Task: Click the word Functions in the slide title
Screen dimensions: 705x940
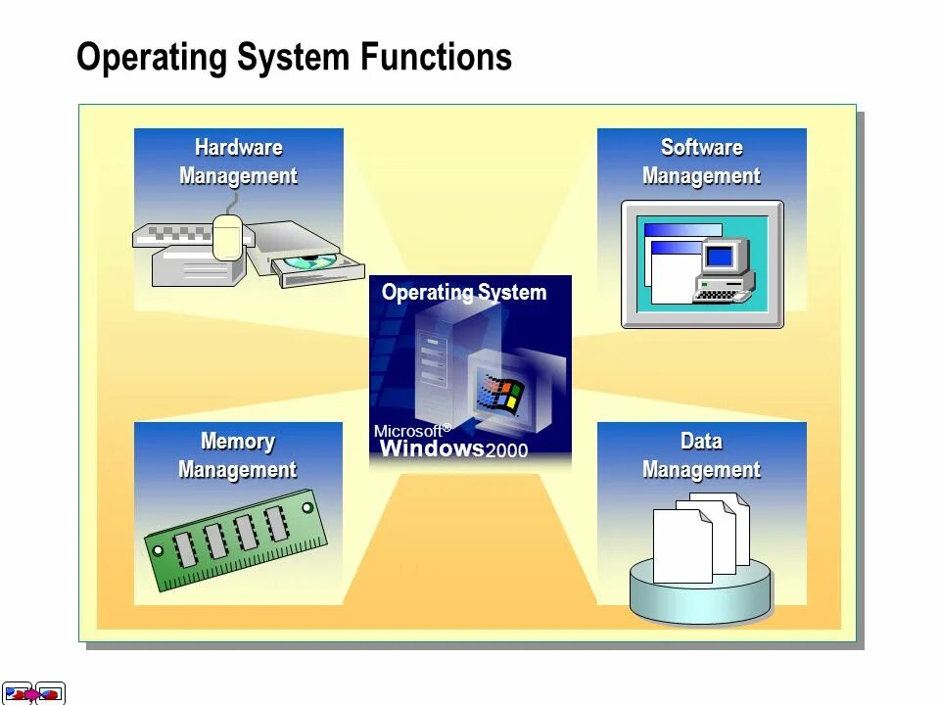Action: [436, 58]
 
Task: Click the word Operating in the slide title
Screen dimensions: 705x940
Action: [153, 58]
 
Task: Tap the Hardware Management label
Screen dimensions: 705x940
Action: [238, 162]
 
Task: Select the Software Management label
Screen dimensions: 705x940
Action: [701, 162]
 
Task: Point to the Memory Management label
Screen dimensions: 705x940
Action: [237, 455]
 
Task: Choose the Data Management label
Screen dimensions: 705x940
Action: [701, 455]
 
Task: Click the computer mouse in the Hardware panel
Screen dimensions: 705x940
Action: [227, 237]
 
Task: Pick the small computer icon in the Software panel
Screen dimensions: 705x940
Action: [724, 269]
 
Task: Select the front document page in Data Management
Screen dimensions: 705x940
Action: [681, 545]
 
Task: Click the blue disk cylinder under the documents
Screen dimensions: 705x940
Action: [701, 592]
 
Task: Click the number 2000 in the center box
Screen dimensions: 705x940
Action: [507, 451]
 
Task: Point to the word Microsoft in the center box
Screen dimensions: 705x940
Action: [407, 431]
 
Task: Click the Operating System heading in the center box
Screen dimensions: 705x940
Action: [464, 292]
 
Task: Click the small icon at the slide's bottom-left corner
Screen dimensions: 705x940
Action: [34, 693]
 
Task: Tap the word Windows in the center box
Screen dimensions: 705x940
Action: [432, 449]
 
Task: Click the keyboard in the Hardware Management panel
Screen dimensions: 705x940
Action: [181, 235]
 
